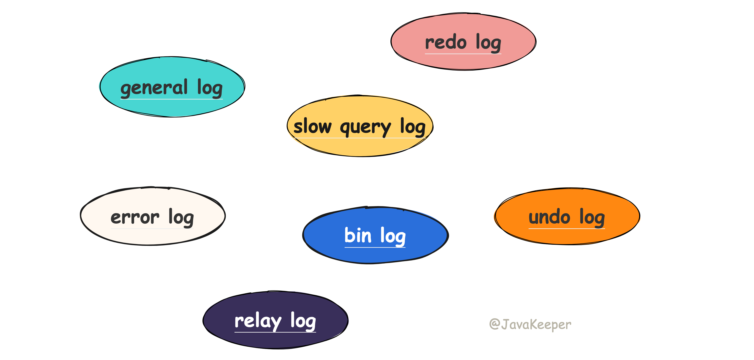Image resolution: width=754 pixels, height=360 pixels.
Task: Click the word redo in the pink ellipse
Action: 445,43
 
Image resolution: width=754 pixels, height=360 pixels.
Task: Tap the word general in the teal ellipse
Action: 154,88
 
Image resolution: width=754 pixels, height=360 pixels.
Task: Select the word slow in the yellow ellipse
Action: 312,127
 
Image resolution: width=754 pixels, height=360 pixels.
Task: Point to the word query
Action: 365,128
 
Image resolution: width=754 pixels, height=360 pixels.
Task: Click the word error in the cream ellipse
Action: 135,218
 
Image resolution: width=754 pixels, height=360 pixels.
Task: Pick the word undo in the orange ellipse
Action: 549,218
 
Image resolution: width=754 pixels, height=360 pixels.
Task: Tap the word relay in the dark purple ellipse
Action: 258,321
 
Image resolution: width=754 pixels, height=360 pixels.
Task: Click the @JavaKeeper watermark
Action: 530,324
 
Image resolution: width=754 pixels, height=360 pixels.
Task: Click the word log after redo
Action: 488,43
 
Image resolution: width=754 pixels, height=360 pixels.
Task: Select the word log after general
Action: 210,88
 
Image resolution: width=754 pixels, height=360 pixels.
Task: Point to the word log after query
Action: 413,127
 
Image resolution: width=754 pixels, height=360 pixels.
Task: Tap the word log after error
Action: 181,218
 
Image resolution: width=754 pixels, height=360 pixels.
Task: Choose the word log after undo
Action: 592,218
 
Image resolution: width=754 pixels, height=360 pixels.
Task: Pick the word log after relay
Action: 303,321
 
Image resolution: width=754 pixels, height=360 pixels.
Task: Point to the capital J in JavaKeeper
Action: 505,324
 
